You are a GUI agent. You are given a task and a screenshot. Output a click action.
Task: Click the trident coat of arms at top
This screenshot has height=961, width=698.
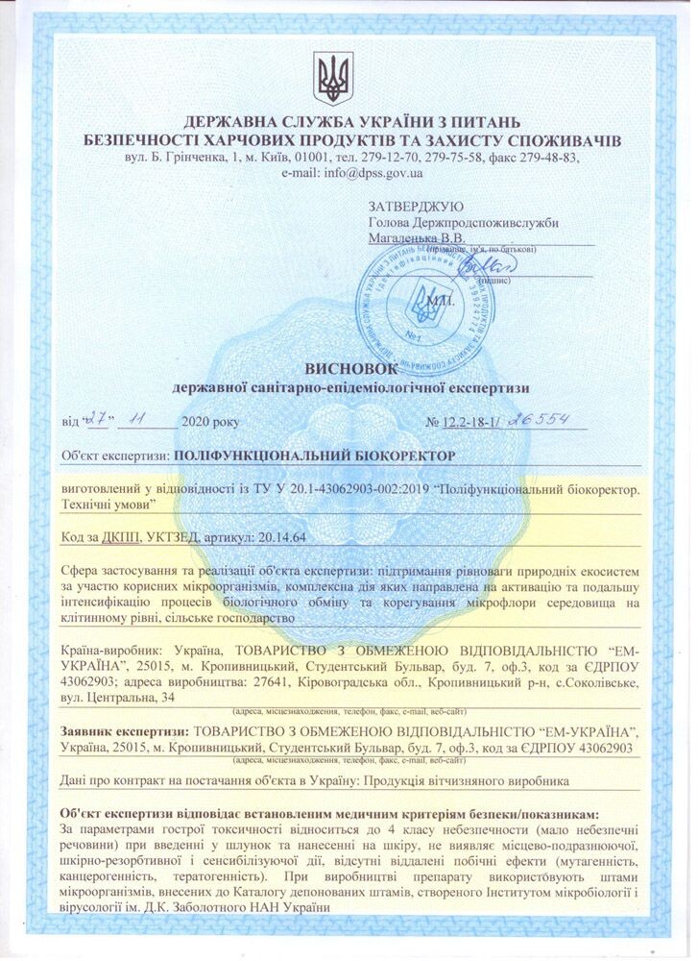[334, 78]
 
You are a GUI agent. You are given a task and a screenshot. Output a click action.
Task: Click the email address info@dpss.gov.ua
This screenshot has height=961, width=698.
[368, 174]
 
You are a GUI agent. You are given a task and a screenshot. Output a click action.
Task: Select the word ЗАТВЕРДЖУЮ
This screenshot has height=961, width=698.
[416, 207]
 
